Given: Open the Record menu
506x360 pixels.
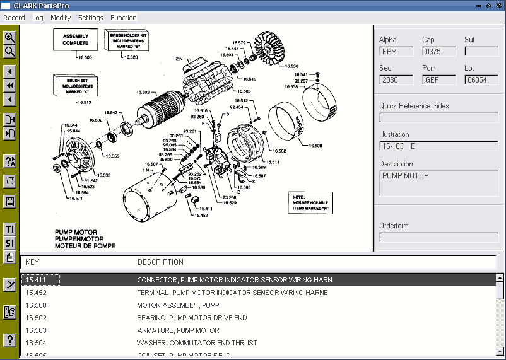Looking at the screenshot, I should [14, 18].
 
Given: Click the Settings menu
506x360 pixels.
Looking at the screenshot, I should [90, 18].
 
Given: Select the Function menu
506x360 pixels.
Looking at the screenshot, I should [123, 18].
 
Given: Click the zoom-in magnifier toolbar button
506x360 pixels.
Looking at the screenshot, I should [10, 37].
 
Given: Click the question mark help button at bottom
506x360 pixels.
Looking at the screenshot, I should [10, 340].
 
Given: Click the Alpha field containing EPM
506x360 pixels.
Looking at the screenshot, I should [396, 52].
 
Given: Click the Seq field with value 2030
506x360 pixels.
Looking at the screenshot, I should [396, 80].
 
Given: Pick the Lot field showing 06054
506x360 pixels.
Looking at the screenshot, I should [481, 80].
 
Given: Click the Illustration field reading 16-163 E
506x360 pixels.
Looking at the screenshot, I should [438, 146].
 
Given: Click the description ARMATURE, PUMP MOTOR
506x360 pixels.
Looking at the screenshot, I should [178, 330].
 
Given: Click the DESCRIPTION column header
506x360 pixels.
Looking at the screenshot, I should [160, 262].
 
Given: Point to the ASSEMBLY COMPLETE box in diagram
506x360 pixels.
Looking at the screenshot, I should [75, 40].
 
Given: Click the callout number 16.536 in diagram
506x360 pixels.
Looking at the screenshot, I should [291, 66].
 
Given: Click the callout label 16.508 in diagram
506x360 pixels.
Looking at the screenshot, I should [315, 146].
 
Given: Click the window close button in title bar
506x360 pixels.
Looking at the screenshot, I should [498, 5].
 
